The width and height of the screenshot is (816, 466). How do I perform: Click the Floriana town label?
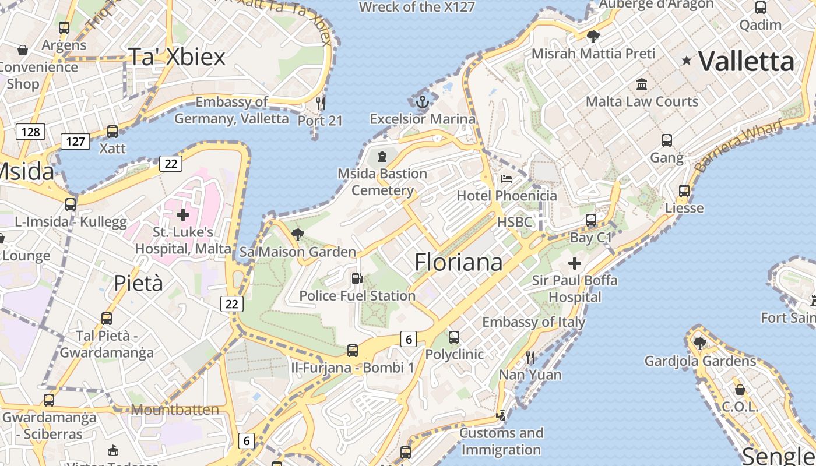(x=458, y=262)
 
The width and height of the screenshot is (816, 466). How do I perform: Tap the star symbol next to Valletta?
(x=687, y=61)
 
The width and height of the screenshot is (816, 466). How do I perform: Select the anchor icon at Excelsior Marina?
(x=423, y=103)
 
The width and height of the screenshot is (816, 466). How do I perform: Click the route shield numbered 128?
(x=30, y=132)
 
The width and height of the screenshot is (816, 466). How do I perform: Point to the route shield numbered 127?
(x=75, y=141)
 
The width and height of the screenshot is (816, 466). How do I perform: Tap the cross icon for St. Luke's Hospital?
(x=183, y=215)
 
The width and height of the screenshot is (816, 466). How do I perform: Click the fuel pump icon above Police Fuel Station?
(x=357, y=279)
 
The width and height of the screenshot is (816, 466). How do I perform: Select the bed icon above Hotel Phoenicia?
(x=506, y=178)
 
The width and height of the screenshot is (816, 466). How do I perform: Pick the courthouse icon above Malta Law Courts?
(x=642, y=84)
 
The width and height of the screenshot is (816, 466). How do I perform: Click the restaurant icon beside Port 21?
(x=320, y=103)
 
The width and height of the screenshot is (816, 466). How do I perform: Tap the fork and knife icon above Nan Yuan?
(x=530, y=358)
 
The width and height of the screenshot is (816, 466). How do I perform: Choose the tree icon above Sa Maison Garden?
(x=297, y=235)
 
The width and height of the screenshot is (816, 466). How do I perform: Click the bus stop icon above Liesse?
(x=684, y=190)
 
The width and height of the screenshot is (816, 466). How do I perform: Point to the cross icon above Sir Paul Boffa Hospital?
(x=575, y=263)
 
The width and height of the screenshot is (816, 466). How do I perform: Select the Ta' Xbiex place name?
(x=176, y=57)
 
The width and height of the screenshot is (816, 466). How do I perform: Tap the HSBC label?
(x=515, y=222)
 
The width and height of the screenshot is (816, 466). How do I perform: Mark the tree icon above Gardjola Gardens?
(x=699, y=344)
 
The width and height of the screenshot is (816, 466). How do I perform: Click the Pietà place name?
(x=138, y=283)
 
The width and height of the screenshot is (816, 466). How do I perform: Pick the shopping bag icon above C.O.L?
(x=740, y=389)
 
